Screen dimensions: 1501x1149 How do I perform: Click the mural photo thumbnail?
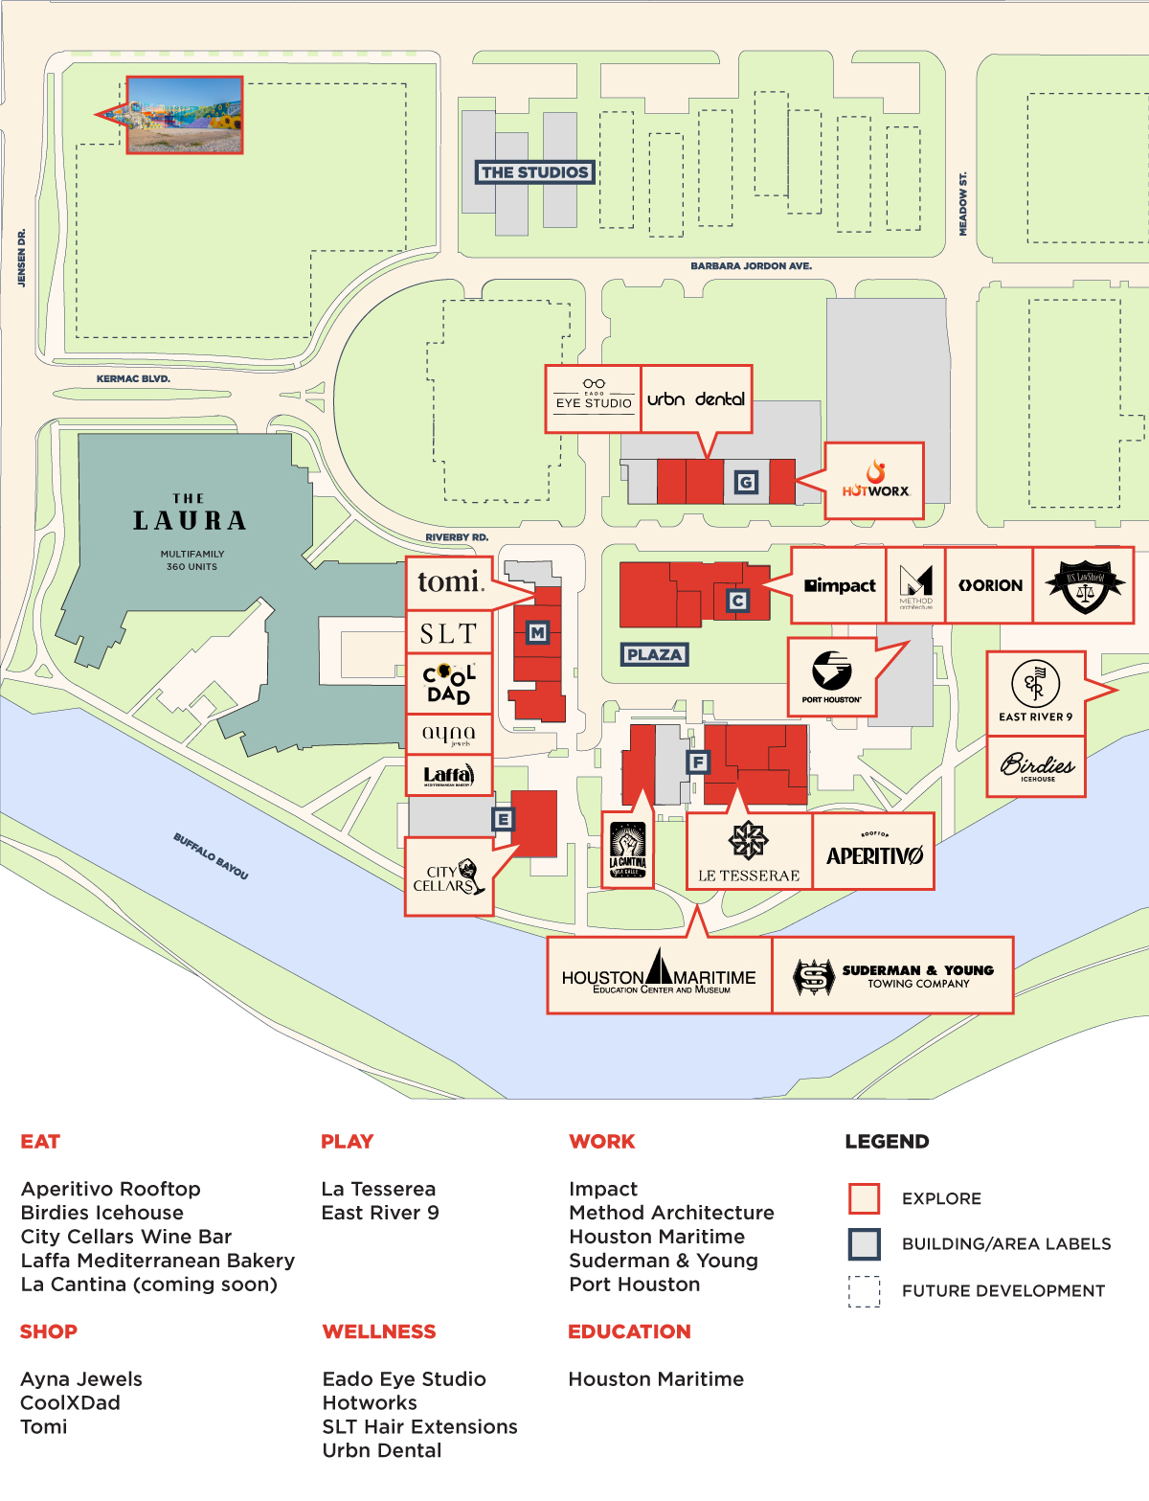tap(185, 115)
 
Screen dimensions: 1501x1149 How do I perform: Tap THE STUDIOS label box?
tap(534, 172)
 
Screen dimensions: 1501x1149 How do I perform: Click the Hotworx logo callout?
tap(874, 481)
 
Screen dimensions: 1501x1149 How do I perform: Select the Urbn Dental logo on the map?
tap(696, 398)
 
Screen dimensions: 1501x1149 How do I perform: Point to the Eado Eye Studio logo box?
tap(594, 398)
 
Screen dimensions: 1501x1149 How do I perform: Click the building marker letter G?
tap(746, 482)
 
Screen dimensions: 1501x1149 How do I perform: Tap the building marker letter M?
tap(537, 632)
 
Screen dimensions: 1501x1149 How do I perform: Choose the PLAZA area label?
tap(654, 655)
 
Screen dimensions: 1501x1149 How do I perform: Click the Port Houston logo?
tap(832, 677)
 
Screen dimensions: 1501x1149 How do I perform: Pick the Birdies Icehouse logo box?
tap(1037, 766)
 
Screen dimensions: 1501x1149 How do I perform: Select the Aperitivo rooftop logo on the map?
tap(873, 852)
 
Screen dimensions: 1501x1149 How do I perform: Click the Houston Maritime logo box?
tap(659, 975)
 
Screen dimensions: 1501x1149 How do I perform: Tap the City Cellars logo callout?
tap(449, 876)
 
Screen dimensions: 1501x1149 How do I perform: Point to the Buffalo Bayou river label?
tap(211, 855)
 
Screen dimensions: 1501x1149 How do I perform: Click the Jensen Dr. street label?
tap(22, 258)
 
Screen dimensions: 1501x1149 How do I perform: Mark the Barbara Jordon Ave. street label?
tap(751, 266)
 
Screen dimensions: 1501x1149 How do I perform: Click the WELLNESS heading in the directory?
tap(379, 1331)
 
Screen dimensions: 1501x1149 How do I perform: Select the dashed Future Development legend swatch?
tap(864, 1291)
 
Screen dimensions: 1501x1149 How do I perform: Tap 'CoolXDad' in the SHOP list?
tap(71, 1402)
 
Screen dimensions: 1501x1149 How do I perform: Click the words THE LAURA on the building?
tap(190, 514)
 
